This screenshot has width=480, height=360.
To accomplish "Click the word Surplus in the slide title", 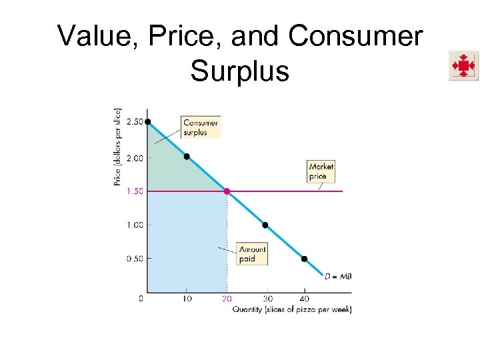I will [x=239, y=70].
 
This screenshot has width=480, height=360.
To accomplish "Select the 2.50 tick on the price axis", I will [x=134, y=122].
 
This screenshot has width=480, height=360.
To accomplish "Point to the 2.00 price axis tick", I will [x=134, y=157].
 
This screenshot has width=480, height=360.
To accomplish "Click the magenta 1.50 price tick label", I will [x=133, y=191].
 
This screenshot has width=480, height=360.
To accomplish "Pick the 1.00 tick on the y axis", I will [x=134, y=225].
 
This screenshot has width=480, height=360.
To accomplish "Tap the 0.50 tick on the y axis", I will [x=134, y=259].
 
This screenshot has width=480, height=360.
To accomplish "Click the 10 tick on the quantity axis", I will [x=187, y=299].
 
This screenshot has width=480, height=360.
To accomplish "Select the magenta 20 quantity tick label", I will [x=227, y=299].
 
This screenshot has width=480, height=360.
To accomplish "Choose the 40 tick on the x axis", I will [x=304, y=299].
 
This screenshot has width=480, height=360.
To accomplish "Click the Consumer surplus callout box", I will [x=200, y=127].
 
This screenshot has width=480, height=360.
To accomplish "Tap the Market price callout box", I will [x=321, y=171].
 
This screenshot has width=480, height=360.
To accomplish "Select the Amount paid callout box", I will [x=252, y=254].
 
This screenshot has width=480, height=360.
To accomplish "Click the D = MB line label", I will [x=338, y=275].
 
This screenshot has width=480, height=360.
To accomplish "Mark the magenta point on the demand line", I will [x=227, y=191].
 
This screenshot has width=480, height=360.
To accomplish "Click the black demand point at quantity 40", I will [x=304, y=259].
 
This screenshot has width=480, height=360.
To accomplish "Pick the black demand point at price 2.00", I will [x=187, y=157].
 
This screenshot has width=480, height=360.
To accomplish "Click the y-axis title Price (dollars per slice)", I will [x=118, y=147].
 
